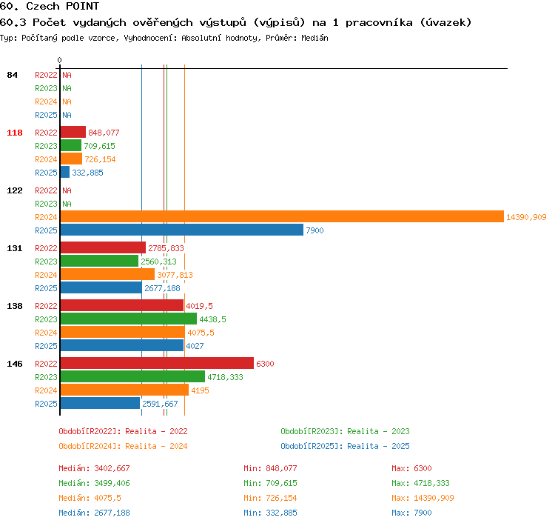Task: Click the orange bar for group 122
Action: coord(282,216)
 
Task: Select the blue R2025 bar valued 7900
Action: coord(182,230)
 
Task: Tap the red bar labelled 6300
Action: coord(157,363)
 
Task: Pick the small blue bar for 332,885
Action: coord(65,173)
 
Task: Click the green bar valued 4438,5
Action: coord(129,319)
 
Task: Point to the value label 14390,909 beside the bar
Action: coord(526,217)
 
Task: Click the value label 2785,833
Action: coord(166,248)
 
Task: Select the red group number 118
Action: coord(15,133)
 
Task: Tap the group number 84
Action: coord(12,75)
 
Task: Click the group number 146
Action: coord(15,364)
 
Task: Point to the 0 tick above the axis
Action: coord(59,60)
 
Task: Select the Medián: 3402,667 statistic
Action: coord(94,468)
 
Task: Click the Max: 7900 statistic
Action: coord(411,513)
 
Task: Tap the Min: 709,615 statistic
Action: coord(270,483)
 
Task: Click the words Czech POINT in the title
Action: coord(63,6)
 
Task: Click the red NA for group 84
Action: coord(67,75)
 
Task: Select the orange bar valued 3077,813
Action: coord(107,274)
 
